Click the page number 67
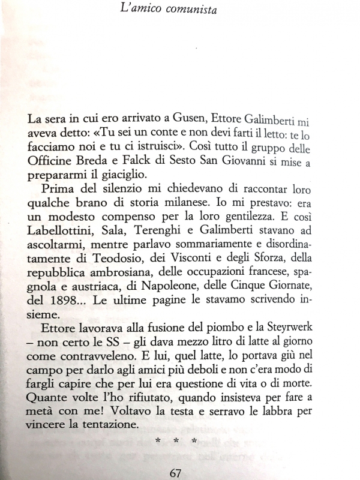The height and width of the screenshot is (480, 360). pyautogui.click(x=175, y=472)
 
